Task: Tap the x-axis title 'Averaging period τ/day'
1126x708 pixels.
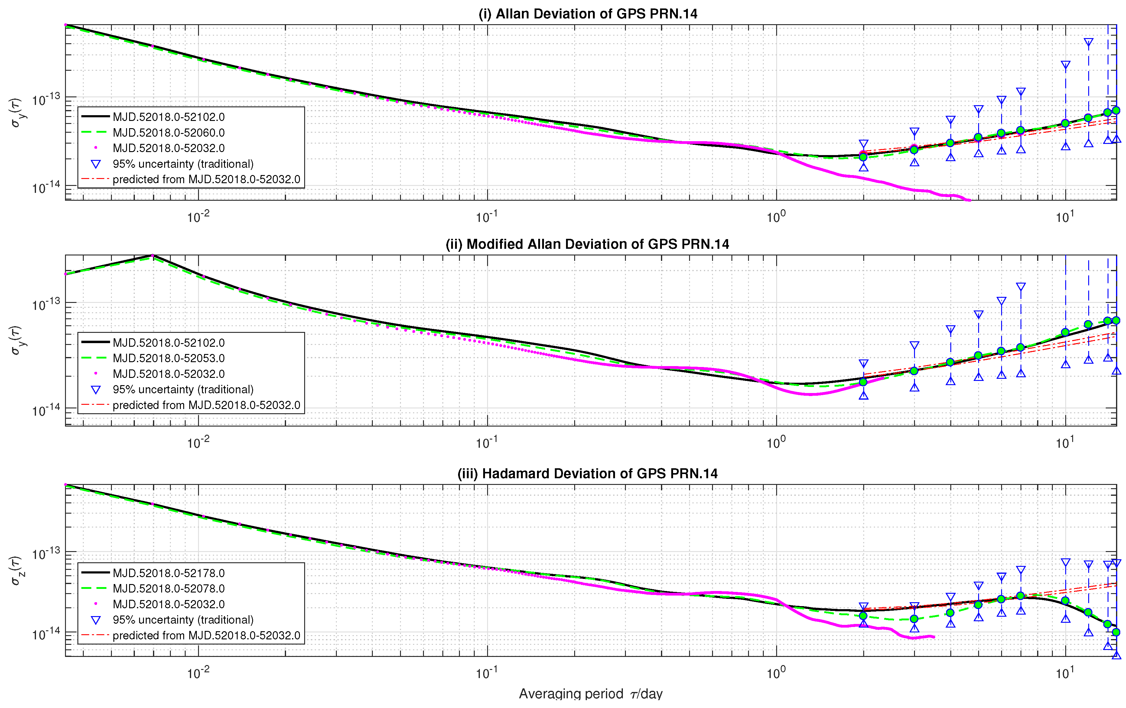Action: (x=591, y=693)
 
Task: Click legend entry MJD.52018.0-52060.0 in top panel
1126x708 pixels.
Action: (x=168, y=132)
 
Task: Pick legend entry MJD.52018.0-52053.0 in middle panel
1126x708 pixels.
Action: (x=168, y=358)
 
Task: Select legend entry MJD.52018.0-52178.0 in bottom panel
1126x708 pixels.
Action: (x=168, y=573)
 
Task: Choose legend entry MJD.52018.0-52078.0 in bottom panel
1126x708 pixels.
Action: (x=168, y=588)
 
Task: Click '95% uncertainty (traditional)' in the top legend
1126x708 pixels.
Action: (x=183, y=164)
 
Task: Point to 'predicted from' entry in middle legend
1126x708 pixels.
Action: (x=206, y=405)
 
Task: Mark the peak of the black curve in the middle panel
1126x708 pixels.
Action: (x=153, y=255)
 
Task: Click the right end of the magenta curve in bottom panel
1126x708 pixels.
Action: (x=934, y=636)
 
